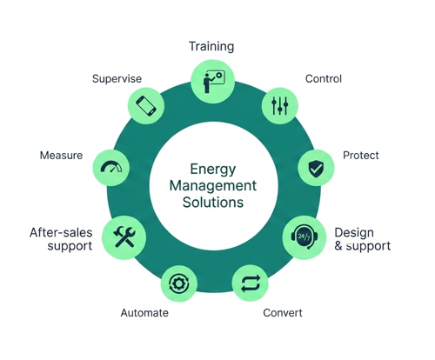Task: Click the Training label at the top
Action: [211, 46]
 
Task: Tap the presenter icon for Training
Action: [214, 82]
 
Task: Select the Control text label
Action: [324, 78]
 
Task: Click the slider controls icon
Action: [280, 105]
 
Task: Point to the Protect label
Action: [361, 156]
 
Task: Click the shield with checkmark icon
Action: [316, 169]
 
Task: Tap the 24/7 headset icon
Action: [304, 237]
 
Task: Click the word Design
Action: [354, 233]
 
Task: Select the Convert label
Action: [283, 313]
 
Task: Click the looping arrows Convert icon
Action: [251, 283]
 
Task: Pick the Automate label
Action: [144, 313]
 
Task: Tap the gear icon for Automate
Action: [179, 283]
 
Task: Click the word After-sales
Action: [61, 232]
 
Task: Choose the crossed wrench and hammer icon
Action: [124, 237]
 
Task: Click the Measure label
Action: [61, 156]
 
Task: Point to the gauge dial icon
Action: [111, 167]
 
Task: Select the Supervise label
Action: [117, 79]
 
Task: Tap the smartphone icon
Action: [146, 106]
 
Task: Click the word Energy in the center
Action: [213, 170]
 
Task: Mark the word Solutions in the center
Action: [213, 202]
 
